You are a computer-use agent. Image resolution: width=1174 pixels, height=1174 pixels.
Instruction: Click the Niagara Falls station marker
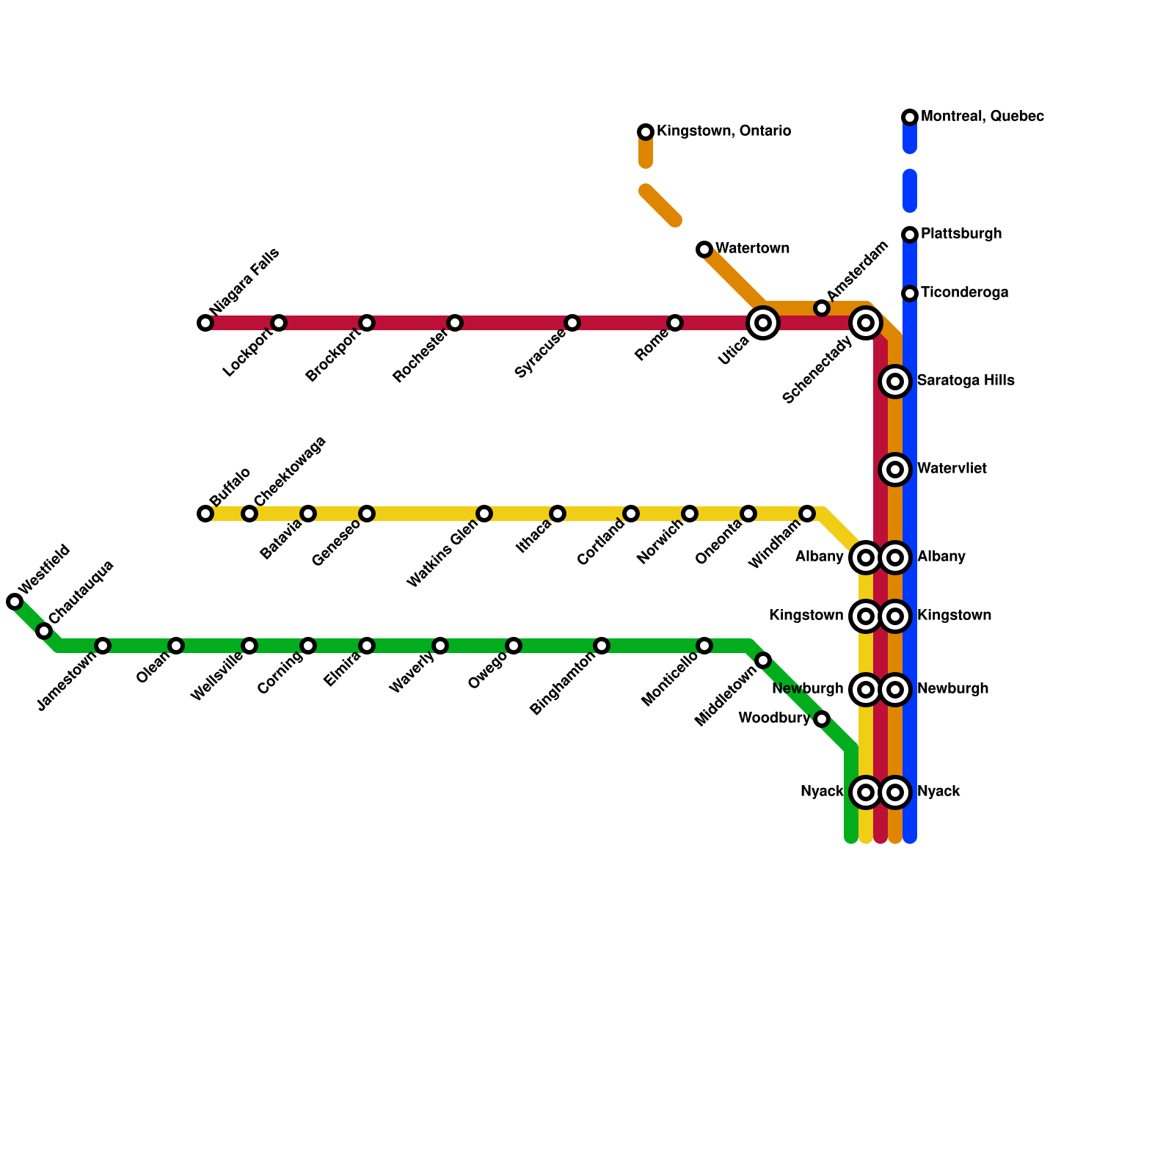(205, 323)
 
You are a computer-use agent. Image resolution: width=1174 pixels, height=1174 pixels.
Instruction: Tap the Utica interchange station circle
(763, 323)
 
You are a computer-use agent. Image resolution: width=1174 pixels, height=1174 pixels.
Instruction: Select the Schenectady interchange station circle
(866, 323)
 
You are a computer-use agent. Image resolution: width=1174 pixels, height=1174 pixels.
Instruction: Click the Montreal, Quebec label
(982, 117)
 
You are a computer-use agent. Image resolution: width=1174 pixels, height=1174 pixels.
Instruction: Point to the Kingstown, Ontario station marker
(646, 132)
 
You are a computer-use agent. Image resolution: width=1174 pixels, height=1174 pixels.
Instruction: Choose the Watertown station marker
(704, 249)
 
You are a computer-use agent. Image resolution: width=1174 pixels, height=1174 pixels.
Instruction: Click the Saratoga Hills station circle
(895, 382)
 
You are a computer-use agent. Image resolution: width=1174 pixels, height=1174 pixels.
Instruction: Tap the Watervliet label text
(952, 469)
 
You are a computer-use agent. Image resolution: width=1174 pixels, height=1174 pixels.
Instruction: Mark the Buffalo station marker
(205, 514)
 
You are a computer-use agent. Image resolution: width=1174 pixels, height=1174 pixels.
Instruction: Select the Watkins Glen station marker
(484, 514)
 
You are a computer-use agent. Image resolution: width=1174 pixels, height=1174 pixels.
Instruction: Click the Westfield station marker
(15, 602)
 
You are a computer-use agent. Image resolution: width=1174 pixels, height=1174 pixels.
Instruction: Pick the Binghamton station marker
(602, 646)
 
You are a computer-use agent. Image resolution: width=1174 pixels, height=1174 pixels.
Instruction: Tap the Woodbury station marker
(822, 719)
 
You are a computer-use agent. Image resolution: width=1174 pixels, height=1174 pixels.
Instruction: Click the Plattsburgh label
(961, 234)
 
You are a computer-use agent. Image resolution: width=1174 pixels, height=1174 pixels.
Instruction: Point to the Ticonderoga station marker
(910, 293)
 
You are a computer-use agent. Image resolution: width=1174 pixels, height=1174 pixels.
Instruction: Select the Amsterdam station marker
(822, 308)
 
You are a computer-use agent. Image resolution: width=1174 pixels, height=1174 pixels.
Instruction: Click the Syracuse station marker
(572, 323)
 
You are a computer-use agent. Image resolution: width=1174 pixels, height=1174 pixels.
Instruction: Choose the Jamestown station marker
(103, 646)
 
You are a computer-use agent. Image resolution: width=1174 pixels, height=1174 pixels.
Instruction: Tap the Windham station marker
(807, 514)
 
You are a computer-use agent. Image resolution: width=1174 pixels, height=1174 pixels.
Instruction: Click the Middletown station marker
(763, 660)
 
